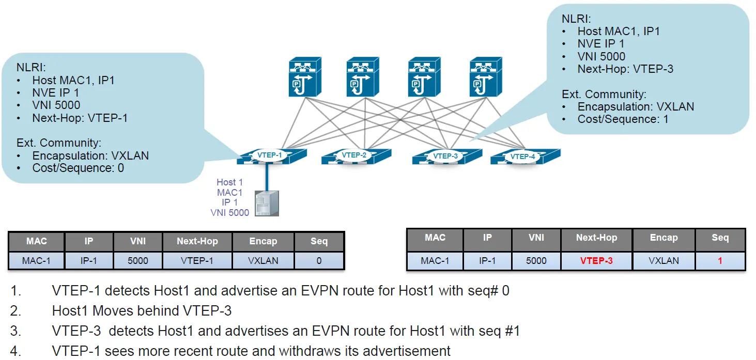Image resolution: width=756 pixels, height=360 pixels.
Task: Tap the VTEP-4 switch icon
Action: coord(524,156)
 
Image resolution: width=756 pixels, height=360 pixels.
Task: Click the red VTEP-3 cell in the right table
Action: coord(596,261)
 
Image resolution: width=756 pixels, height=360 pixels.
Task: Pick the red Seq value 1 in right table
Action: coord(720,261)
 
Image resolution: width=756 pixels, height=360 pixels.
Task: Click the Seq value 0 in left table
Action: coord(319,261)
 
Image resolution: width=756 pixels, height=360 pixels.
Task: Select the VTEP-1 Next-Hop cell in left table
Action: coord(197,261)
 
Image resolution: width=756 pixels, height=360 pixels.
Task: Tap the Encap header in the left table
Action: coord(263,241)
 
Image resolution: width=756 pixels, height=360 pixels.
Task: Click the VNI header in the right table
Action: coord(536,238)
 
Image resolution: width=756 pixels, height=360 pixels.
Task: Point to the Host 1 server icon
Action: coord(267,203)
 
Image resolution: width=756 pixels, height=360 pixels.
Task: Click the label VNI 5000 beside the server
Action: coord(229,212)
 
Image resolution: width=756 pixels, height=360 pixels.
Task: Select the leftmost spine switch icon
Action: coord(305,77)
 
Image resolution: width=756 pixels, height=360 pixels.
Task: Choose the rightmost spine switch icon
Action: coord(486,77)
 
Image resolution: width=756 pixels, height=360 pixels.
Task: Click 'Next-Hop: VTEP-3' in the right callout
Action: coord(625,69)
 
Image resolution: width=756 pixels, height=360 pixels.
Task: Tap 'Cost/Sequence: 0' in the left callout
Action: coord(78,168)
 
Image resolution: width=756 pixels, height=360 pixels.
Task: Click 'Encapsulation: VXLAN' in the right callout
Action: coord(636,107)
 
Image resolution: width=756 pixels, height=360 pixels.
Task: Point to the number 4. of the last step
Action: coord(16,351)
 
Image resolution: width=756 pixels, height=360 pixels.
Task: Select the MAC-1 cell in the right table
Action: coord(435,261)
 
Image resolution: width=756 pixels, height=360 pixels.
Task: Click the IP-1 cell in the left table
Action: coord(88,261)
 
